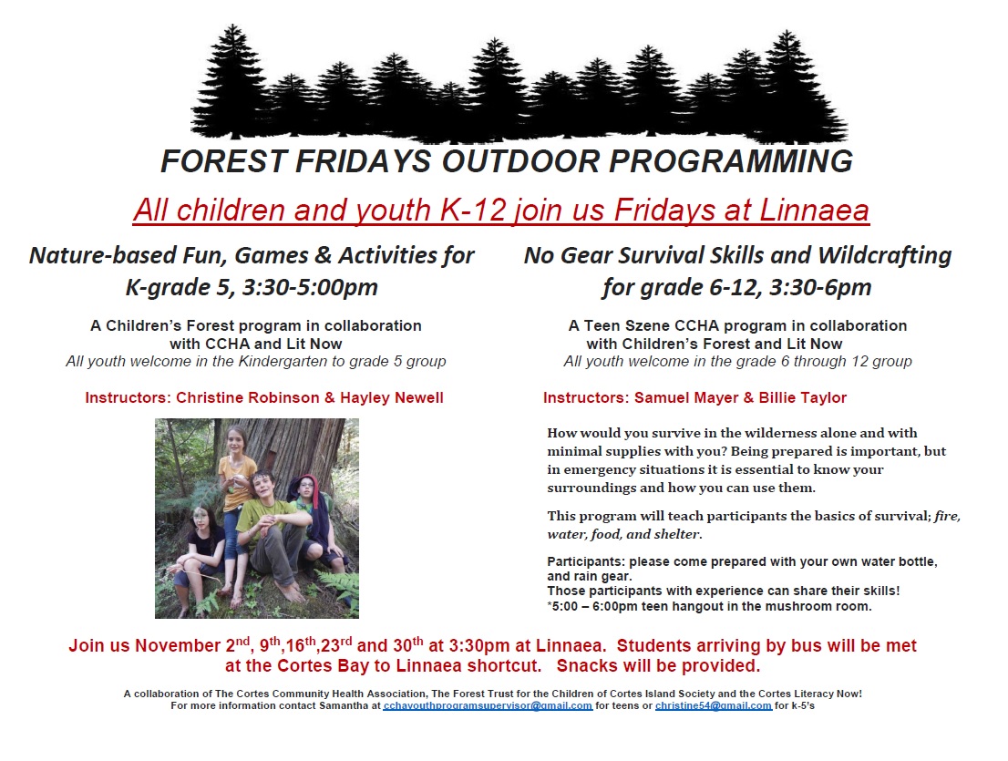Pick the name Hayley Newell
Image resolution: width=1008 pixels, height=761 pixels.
click(x=392, y=398)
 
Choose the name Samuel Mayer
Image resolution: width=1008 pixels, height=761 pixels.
click(x=686, y=398)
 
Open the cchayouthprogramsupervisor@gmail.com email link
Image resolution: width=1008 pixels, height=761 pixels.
click(x=488, y=705)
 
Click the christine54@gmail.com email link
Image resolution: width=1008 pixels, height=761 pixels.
click(x=714, y=705)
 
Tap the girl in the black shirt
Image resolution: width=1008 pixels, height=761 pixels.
click(x=200, y=553)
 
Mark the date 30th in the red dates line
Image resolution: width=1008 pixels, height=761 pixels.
click(x=408, y=644)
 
